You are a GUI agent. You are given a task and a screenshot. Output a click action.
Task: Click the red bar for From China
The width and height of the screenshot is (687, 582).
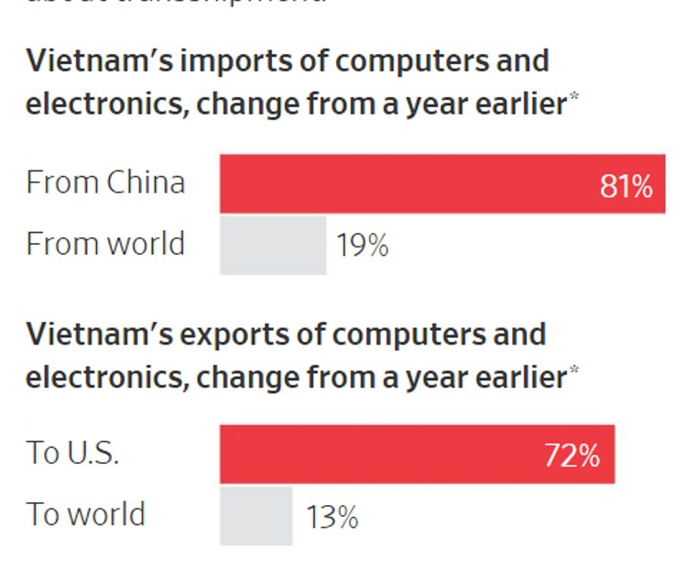click(x=442, y=183)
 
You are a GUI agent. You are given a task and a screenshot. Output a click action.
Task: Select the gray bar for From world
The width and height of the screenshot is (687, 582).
click(x=273, y=245)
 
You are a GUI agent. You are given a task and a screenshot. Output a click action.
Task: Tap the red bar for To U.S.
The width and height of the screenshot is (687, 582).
click(x=417, y=454)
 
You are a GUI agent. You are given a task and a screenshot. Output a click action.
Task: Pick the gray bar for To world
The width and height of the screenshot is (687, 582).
click(x=256, y=516)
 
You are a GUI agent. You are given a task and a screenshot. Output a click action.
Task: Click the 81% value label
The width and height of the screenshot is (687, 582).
click(x=627, y=186)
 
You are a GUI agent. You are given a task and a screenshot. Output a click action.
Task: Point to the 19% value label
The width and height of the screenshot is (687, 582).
click(x=363, y=246)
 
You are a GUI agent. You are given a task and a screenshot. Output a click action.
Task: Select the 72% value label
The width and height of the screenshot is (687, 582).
click(x=572, y=456)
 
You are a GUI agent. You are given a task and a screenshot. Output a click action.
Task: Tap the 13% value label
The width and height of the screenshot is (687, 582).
click(x=332, y=518)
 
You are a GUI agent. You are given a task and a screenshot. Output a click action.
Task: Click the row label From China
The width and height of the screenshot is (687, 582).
click(x=105, y=182)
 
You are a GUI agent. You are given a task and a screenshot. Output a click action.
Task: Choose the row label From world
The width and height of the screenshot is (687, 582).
click(x=105, y=244)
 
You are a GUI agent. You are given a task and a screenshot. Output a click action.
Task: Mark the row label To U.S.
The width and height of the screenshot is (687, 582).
click(x=72, y=454)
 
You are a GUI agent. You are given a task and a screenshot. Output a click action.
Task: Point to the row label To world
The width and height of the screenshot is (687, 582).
click(x=85, y=514)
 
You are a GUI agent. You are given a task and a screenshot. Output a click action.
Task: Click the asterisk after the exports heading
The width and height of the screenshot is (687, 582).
click(x=575, y=369)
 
